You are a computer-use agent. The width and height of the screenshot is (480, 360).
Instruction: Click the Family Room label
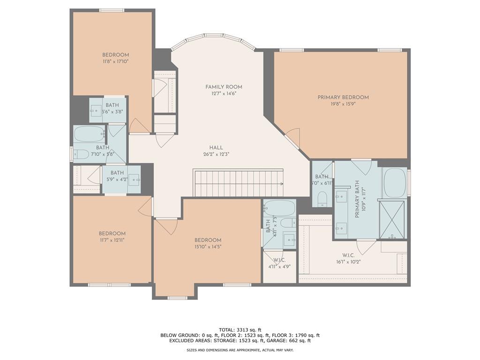224,87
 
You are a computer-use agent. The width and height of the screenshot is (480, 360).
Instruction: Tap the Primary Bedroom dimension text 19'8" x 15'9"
343,105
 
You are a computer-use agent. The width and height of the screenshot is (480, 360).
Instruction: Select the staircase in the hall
239,183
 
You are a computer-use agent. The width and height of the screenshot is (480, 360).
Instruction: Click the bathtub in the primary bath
394,183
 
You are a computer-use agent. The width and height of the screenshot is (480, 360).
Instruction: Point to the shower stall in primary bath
392,218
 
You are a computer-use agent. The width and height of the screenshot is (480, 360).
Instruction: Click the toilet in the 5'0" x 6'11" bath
322,199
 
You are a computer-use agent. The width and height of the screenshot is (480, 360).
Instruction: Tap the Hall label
216,148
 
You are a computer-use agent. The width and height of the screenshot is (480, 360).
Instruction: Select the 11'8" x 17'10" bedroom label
115,55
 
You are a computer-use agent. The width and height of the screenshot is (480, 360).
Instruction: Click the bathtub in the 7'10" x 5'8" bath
89,134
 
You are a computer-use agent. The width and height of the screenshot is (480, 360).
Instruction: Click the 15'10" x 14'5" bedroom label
208,240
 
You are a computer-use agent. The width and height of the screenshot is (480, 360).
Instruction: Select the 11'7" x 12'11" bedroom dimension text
112,240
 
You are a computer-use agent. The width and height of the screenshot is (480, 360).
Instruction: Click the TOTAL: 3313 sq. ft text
240,330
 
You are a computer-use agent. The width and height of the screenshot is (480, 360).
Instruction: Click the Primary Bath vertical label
357,199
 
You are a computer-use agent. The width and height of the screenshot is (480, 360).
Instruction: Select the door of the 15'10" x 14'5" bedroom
166,226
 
